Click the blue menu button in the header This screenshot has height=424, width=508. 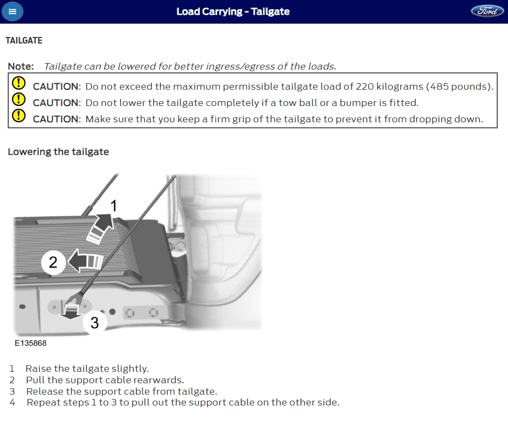tap(12, 11)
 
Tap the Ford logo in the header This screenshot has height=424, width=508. tap(487, 11)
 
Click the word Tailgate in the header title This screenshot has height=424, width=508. tap(270, 11)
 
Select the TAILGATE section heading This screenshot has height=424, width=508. tap(24, 41)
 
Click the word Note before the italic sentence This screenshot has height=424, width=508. tap(21, 66)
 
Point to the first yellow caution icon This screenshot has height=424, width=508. tap(19, 83)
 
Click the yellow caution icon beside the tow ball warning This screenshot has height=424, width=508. tap(19, 99)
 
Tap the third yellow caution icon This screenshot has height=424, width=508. tap(19, 115)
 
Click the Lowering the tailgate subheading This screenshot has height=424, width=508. tap(58, 152)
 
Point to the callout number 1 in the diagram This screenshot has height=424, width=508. tap(114, 206)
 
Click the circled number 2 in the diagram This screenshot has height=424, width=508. tap(53, 262)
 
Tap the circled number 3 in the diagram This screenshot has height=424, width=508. tap(95, 322)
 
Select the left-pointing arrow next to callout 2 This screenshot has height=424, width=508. tap(85, 260)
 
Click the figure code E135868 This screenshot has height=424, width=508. tap(30, 343)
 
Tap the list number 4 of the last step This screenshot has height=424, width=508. tap(12, 403)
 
